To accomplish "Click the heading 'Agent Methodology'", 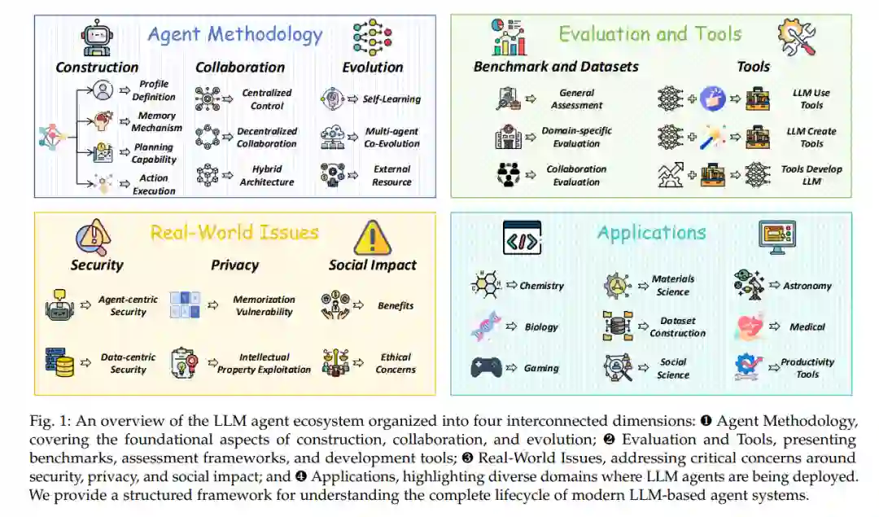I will click(235, 35).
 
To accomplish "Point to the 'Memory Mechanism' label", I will click(156, 122).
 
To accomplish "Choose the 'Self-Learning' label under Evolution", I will click(391, 99).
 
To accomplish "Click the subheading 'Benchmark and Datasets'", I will click(556, 67).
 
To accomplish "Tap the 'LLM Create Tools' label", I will click(811, 137).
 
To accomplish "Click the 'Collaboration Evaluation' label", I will click(576, 176).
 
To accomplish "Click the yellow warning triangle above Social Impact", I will click(372, 238).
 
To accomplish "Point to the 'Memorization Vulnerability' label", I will click(263, 305).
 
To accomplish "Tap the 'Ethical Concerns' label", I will click(396, 363).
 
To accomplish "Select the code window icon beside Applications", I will click(523, 238).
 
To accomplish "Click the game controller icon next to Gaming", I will click(487, 367).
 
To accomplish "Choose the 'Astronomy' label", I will click(807, 286).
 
